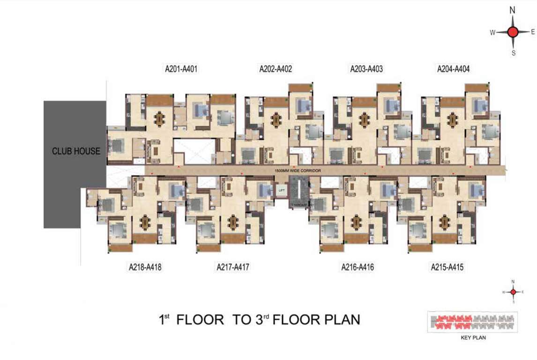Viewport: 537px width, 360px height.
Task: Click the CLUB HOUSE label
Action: pyautogui.click(x=76, y=151)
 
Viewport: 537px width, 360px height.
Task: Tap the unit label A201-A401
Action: pyautogui.click(x=181, y=69)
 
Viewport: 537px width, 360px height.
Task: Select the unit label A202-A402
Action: pyautogui.click(x=276, y=69)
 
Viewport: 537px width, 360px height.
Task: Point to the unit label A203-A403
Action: pyautogui.click(x=366, y=69)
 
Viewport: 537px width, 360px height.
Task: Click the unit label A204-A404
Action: pyautogui.click(x=453, y=69)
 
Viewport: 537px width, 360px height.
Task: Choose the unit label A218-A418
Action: pyautogui.click(x=145, y=268)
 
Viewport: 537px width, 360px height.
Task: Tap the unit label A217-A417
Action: pyautogui.click(x=233, y=268)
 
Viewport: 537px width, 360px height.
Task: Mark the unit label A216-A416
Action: pyautogui.click(x=358, y=268)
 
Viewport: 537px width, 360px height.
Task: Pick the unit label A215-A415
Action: pyautogui.click(x=447, y=268)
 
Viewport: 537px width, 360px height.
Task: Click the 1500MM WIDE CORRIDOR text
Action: pyautogui.click(x=298, y=171)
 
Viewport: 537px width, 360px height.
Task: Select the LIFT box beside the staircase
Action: pyautogui.click(x=281, y=191)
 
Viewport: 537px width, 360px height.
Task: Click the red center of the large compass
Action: pyautogui.click(x=513, y=32)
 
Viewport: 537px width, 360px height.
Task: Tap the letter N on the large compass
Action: pyautogui.click(x=513, y=10)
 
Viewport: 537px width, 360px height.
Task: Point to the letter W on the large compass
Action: pyautogui.click(x=492, y=32)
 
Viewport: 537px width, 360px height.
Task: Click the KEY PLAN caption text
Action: pyautogui.click(x=473, y=337)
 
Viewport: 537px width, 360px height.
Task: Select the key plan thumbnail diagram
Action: pyautogui.click(x=472, y=322)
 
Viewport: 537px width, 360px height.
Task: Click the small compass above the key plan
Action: pyautogui.click(x=513, y=292)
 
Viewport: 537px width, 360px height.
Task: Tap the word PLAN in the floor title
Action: pyautogui.click(x=343, y=320)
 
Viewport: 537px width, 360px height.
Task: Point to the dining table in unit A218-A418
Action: pyautogui.click(x=145, y=222)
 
